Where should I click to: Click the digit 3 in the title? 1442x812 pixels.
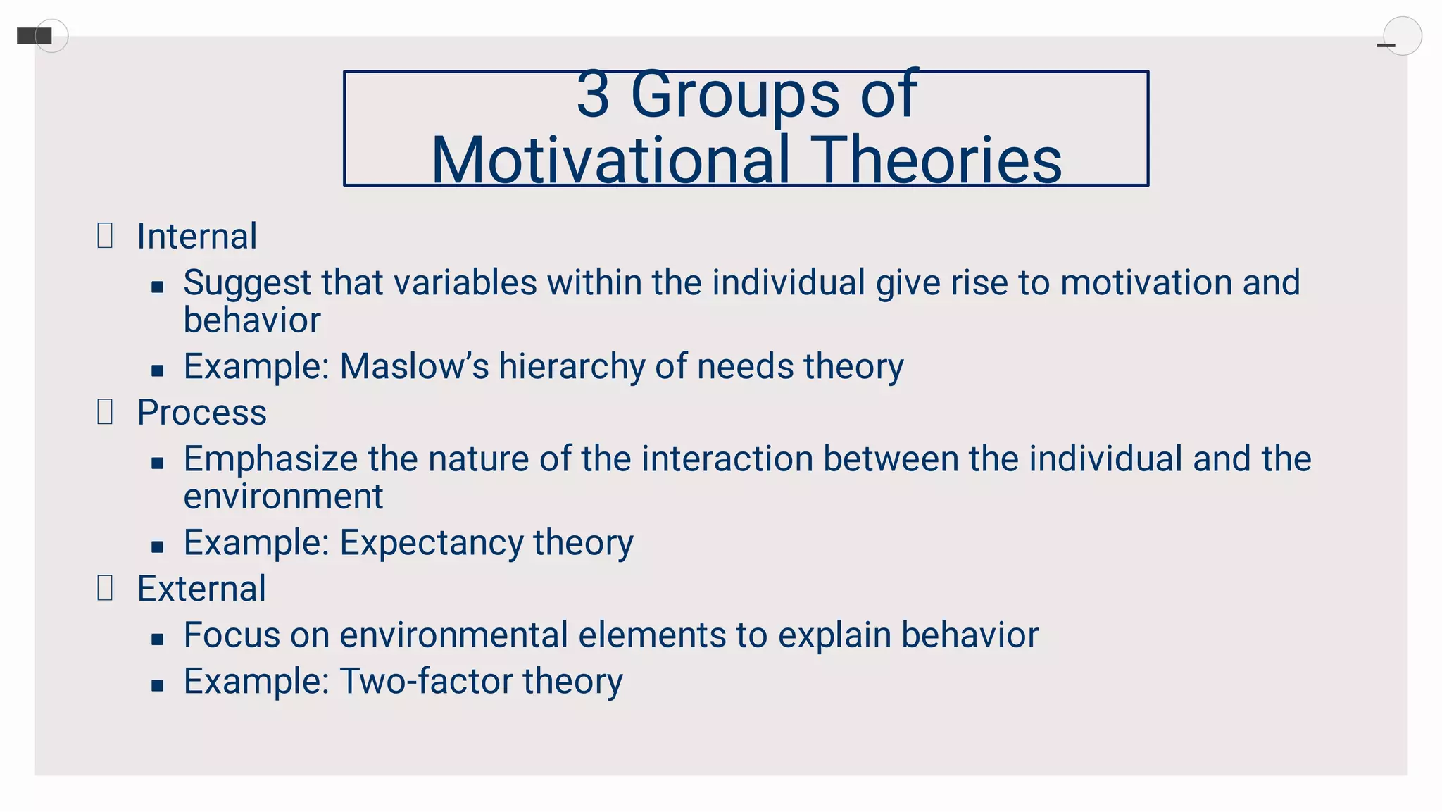tap(593, 95)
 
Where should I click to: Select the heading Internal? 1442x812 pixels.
tap(196, 236)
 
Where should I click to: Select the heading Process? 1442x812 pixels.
tap(201, 412)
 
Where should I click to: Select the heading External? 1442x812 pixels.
tap(201, 588)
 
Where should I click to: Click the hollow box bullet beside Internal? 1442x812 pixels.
tap(105, 235)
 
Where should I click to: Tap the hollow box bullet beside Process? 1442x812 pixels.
tap(105, 411)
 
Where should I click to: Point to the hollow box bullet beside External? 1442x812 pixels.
tap(105, 587)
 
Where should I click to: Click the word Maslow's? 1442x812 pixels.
tap(414, 366)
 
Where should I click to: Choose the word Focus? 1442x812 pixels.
tap(232, 635)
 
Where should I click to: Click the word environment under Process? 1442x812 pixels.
tap(283, 496)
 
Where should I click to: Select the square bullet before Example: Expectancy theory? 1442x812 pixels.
tap(158, 546)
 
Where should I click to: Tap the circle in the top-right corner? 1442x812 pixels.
tap(1402, 36)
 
